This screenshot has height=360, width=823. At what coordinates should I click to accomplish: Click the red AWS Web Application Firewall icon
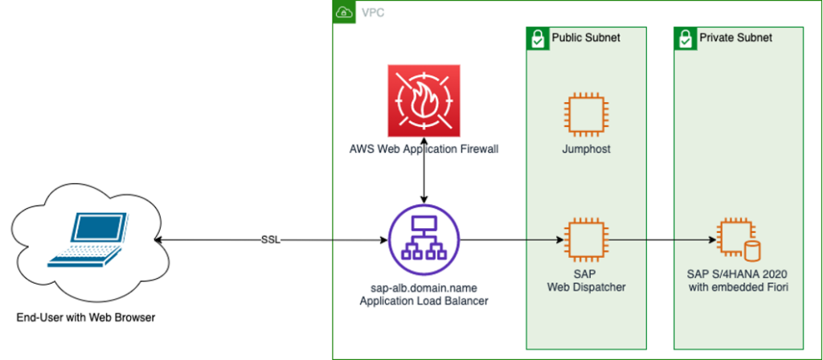point(423,100)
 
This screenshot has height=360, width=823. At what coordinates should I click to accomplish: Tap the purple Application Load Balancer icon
point(423,240)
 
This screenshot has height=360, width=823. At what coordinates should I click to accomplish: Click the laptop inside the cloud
point(88,239)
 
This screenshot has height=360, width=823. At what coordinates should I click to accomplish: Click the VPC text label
point(371,13)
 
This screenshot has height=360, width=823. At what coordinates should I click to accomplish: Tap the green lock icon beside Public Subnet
point(537,38)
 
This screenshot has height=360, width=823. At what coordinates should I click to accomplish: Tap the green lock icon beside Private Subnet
point(683,38)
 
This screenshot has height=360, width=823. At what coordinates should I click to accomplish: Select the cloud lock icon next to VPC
point(344,12)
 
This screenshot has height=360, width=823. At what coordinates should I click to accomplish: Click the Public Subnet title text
point(585,38)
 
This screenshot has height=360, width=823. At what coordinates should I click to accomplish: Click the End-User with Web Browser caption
point(86,318)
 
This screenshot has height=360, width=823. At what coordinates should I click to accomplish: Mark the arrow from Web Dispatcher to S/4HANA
point(659,240)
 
